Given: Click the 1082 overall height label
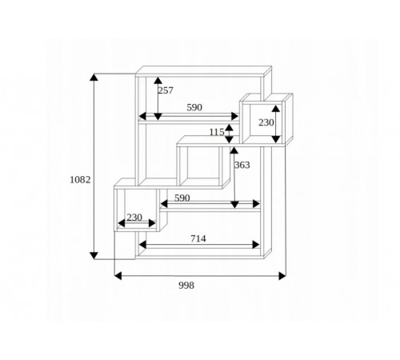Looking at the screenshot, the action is point(80,180).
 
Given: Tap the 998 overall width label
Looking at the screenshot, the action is point(186,286).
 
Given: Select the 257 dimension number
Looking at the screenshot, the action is point(166,90).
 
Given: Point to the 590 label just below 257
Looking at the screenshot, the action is point(194,107).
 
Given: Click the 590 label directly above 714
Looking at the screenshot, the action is point(182,198).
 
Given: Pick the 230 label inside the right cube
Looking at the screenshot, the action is point(266,122).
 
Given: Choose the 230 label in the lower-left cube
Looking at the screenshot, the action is point(134,218).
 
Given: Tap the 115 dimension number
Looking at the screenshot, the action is point(217,132).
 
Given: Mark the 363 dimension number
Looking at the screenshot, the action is point(242,166).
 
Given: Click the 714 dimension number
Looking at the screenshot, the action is point(198,238).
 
